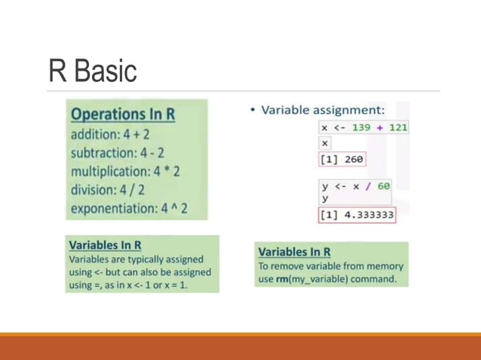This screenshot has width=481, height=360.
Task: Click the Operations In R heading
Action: pos(123,114)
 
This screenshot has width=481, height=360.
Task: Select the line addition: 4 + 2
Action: pos(109,134)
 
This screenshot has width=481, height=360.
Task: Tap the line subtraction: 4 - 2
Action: pos(117,153)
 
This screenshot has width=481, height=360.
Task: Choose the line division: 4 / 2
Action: pos(108,190)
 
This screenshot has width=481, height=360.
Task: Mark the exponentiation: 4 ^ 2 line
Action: pos(130,209)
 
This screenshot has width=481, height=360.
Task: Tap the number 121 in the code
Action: pos(398,127)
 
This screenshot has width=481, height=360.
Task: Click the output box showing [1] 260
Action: pos(342,160)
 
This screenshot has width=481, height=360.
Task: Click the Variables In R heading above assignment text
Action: pos(106,246)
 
